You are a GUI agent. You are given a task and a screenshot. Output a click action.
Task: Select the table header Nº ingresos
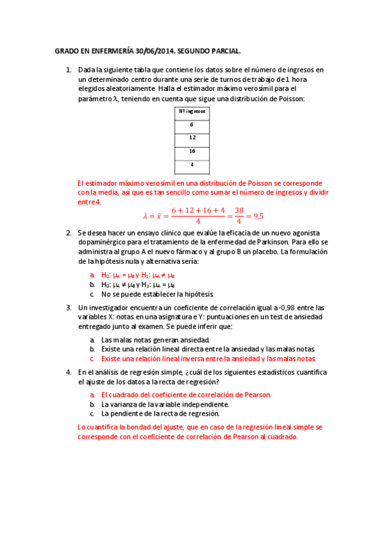pos(192,111)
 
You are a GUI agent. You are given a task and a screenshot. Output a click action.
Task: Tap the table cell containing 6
pos(192,125)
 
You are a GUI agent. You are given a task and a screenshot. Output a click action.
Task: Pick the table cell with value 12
pos(192,138)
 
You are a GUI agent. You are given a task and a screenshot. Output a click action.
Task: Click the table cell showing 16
pos(192,151)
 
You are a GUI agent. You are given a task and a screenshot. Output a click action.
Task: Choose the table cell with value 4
pos(192,165)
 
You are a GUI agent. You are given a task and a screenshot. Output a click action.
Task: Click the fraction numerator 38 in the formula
pos(239,210)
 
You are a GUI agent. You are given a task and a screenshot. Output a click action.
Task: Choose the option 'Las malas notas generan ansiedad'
pos(155,339)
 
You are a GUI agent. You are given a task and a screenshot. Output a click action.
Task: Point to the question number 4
pos(69,373)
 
